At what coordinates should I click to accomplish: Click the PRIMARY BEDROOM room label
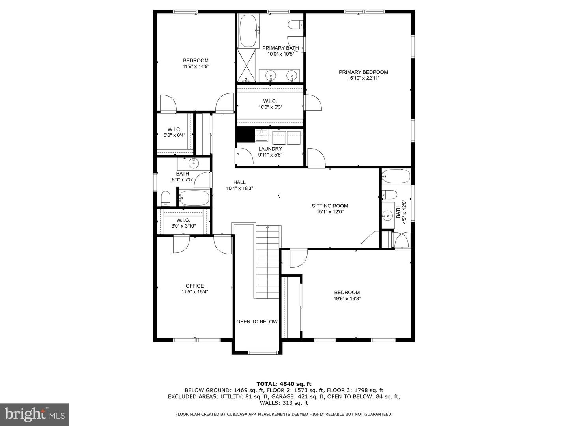[x=363, y=72]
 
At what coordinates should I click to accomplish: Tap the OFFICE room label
[x=194, y=286]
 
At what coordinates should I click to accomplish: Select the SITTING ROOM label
[x=330, y=206]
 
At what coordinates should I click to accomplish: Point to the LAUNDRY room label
[x=270, y=149]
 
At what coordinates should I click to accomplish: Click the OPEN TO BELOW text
[x=257, y=321]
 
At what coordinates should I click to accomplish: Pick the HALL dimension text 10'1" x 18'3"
[x=239, y=189]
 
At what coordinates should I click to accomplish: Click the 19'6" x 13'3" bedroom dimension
[x=347, y=299]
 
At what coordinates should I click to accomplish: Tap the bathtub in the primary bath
[x=249, y=31]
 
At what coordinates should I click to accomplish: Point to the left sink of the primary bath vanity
[x=271, y=75]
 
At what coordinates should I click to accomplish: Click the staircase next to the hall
[x=267, y=260]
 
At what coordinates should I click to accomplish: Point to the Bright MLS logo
[x=35, y=414]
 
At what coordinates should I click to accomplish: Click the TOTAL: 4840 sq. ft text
[x=284, y=384]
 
